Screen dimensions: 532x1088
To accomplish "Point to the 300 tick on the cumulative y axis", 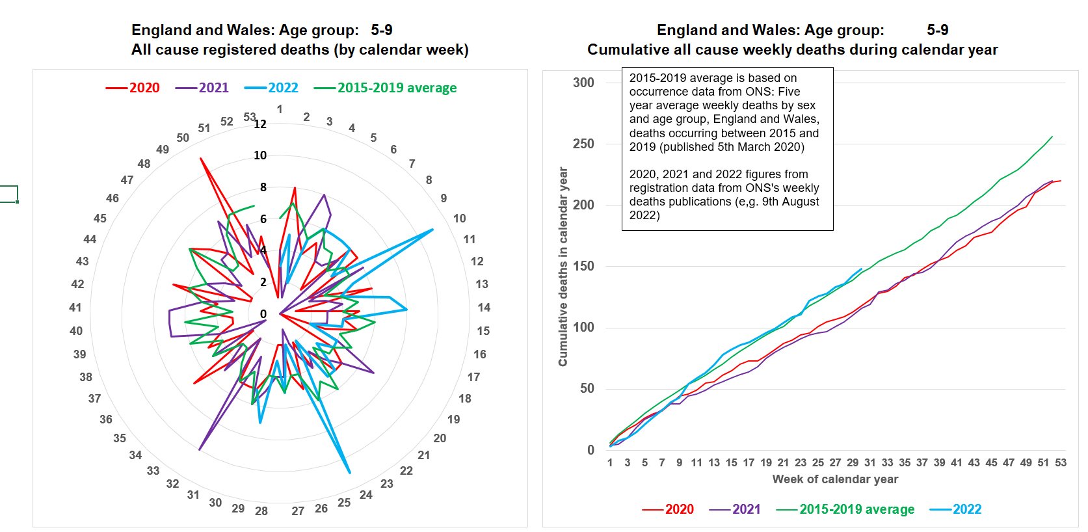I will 583,83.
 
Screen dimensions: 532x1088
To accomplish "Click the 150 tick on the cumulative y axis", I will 583,266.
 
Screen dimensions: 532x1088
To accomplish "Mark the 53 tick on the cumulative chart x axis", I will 1061,462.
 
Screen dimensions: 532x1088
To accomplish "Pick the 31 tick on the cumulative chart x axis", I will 870,462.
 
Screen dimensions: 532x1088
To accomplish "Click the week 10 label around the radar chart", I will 460,219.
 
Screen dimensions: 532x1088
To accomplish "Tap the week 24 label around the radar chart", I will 366,495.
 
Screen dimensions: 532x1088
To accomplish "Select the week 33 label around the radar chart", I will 153,470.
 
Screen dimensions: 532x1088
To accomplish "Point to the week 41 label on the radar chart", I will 75,308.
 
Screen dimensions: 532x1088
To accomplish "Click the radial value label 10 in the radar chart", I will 260,155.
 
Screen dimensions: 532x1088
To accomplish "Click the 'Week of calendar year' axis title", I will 835,479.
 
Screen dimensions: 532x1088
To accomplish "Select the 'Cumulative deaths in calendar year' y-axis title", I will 563,267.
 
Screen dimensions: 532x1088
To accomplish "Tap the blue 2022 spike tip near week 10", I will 432,230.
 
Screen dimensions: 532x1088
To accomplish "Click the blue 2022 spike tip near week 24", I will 350,473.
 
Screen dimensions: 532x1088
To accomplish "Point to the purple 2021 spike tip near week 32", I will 199,449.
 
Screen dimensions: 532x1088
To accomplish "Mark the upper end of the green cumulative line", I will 1052,137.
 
